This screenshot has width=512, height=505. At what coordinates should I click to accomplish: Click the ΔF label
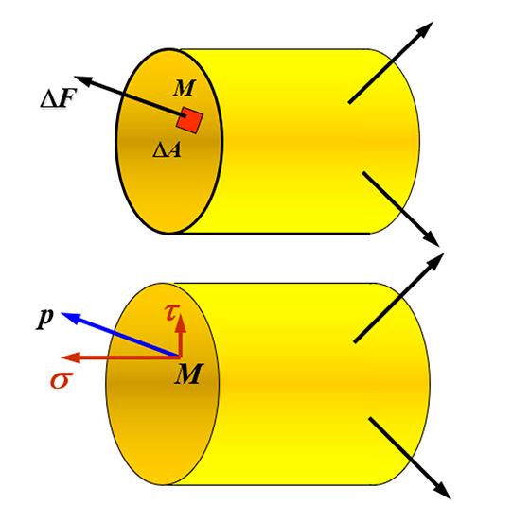58,98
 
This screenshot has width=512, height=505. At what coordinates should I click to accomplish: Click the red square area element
189,120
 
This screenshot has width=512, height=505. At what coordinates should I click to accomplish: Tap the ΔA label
167,150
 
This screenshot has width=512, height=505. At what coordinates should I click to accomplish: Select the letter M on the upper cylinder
184,88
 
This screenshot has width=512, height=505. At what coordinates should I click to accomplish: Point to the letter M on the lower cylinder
188,374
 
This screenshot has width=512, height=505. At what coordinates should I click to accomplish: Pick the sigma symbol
62,379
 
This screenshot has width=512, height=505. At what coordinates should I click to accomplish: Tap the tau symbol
171,312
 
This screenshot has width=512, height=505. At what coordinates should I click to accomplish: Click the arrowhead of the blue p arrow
70,317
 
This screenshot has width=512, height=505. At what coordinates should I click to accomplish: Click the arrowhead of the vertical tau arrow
180,322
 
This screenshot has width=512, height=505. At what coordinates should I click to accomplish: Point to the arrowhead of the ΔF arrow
83,80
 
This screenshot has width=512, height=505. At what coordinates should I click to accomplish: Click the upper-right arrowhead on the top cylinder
425,29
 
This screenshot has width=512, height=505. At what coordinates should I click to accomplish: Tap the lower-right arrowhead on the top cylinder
431,238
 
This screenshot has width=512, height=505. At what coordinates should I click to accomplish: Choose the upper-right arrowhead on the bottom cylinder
435,261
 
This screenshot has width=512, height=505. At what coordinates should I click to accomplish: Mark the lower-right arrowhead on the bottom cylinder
442,490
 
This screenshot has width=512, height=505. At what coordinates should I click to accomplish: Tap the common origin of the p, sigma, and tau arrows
179,357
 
